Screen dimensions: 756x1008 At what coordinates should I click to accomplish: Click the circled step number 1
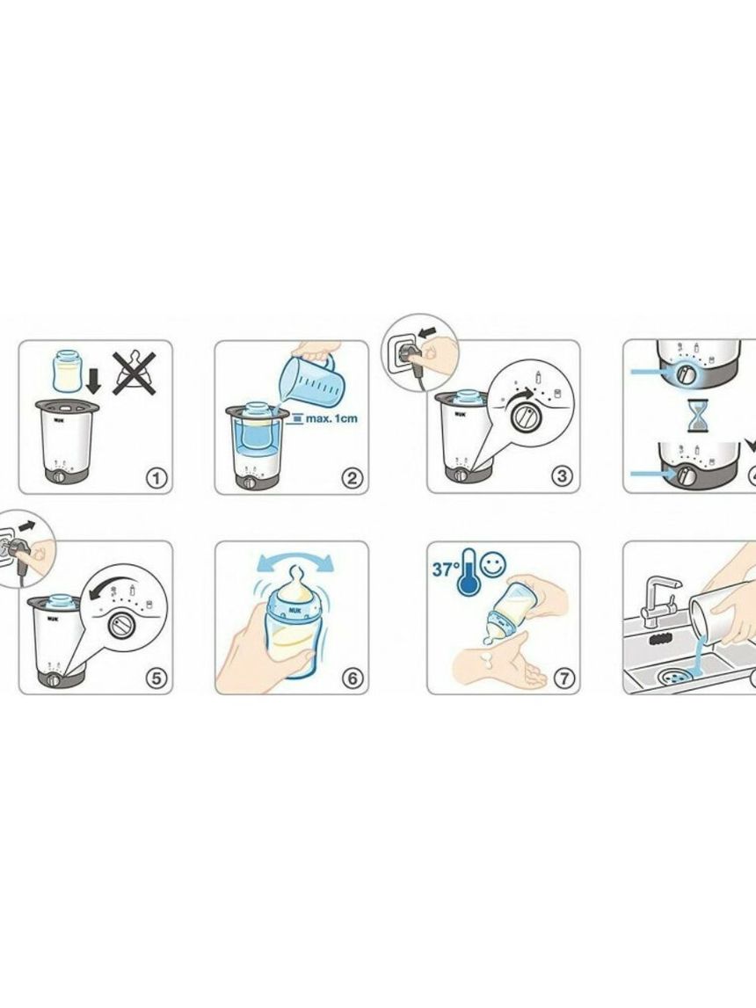pyautogui.click(x=156, y=478)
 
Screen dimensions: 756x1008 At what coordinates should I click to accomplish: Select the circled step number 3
pyautogui.click(x=563, y=475)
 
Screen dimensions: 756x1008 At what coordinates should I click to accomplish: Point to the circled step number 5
pyautogui.click(x=156, y=678)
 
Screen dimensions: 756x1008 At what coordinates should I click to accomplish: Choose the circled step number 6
pyautogui.click(x=353, y=678)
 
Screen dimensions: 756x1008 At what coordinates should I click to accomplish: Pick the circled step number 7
pyautogui.click(x=563, y=678)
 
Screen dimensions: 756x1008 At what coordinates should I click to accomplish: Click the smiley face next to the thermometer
pyautogui.click(x=494, y=564)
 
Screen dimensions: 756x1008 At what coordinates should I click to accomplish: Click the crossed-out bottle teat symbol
pyautogui.click(x=134, y=373)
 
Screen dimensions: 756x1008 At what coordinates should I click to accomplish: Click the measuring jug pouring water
pyautogui.click(x=313, y=377)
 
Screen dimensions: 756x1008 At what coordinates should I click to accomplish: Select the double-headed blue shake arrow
pyautogui.click(x=295, y=562)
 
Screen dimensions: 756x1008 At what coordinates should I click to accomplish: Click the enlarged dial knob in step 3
pyautogui.click(x=525, y=417)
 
